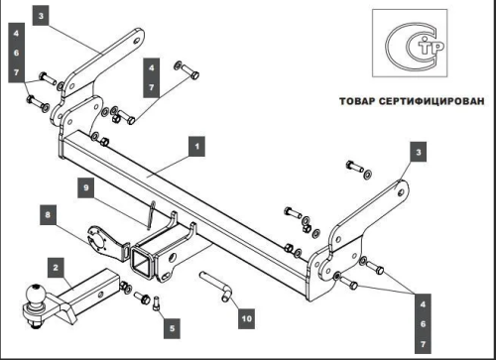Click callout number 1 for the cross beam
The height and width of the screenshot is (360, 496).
click(197, 147)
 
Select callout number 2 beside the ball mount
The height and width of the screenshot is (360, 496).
click(58, 267)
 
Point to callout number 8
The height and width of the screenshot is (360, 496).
click(47, 211)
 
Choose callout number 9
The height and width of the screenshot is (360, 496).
click(86, 185)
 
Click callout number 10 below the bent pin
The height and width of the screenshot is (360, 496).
click(245, 318)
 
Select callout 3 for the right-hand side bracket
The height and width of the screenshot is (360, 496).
click(419, 151)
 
